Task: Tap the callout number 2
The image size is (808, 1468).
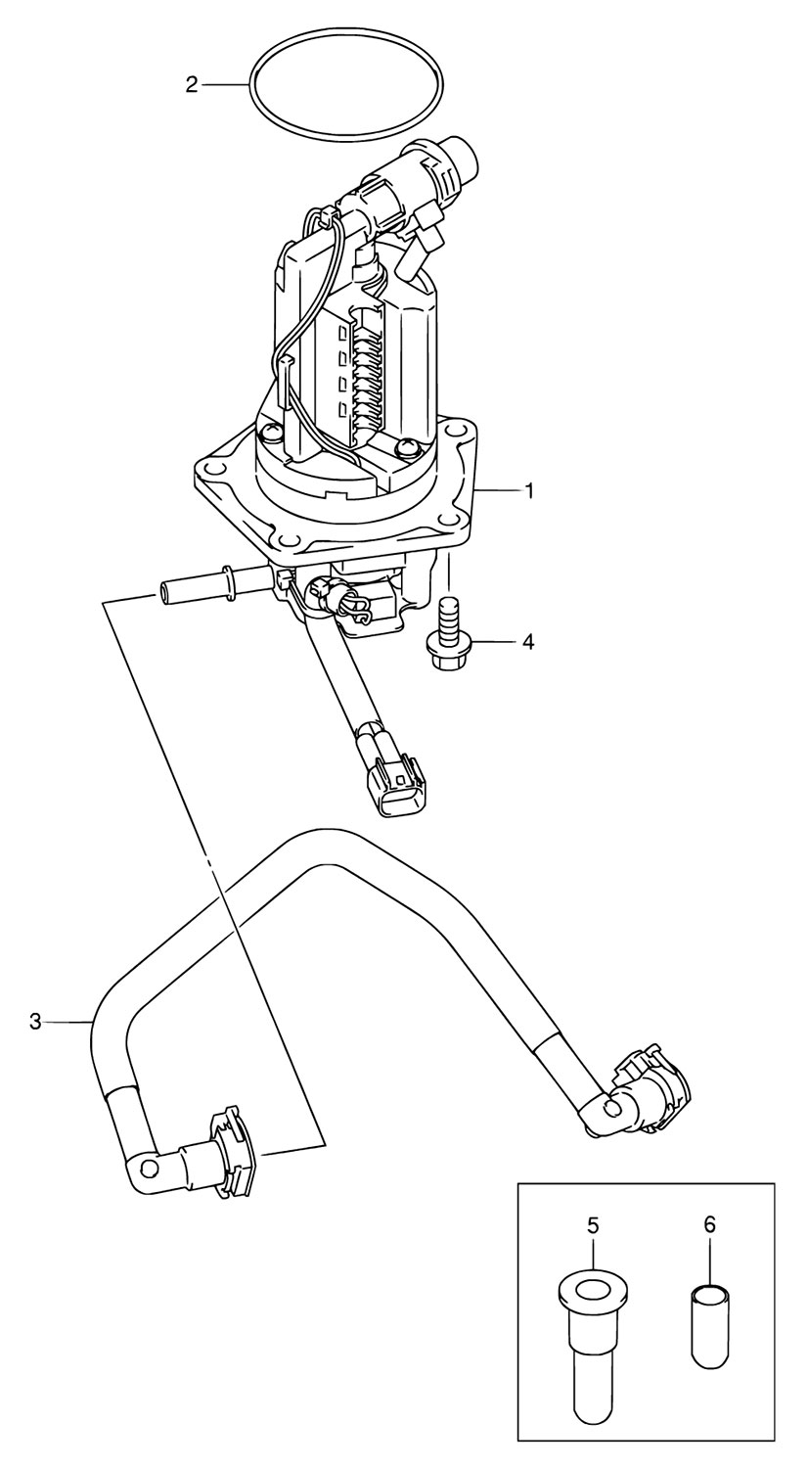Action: coord(192,84)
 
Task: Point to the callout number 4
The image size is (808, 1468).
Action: coord(527,642)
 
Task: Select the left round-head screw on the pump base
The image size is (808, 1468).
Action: coord(270,433)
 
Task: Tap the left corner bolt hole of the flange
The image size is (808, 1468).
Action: coord(208,467)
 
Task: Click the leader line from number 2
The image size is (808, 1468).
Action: coord(225,84)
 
